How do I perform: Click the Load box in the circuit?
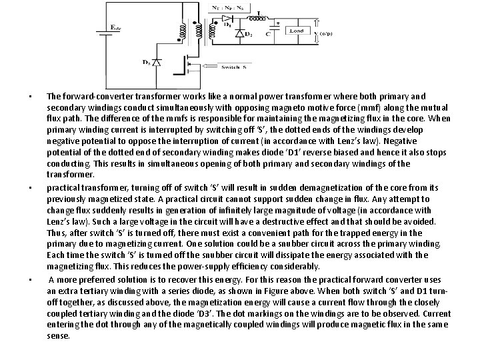coord(295,31)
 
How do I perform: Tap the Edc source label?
coord(115,27)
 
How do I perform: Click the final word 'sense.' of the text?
coord(58,336)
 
